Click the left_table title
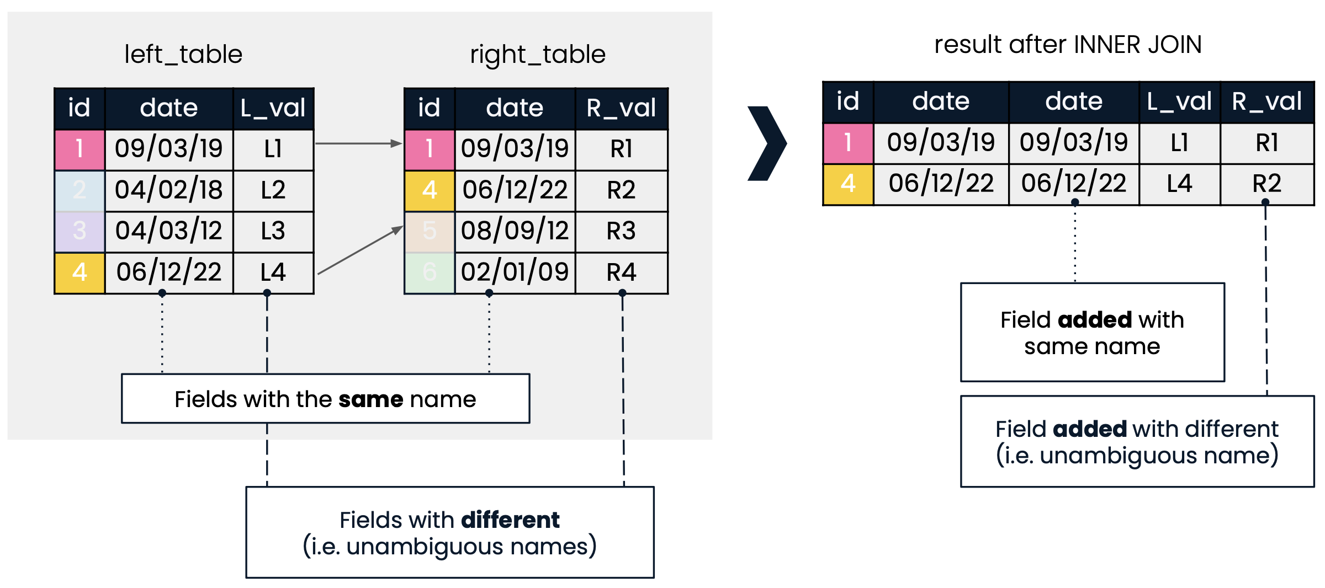183,55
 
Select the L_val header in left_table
273,108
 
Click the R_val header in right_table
622,108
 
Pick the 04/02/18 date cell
169,190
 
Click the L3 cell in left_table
273,231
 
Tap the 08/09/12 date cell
515,231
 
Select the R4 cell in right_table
622,272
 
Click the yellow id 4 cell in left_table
80,272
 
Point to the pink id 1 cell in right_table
430,149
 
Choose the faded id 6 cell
430,272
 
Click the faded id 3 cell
80,231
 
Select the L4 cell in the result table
1179,184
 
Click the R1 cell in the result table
1267,143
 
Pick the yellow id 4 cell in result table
848,184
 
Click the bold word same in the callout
373,399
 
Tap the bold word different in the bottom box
510,520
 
